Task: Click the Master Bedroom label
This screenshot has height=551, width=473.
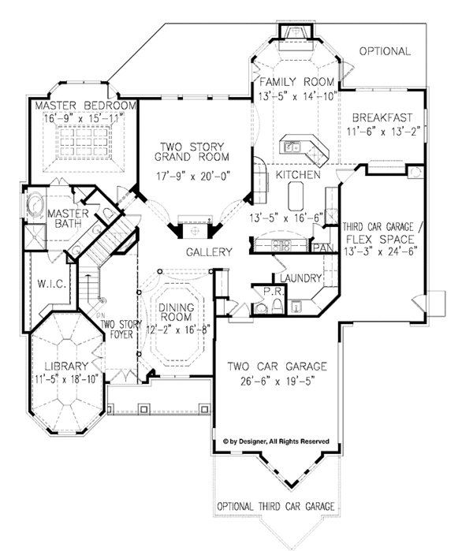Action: click(85, 106)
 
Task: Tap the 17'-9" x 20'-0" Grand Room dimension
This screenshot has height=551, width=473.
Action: click(192, 176)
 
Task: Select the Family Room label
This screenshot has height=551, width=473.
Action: click(297, 82)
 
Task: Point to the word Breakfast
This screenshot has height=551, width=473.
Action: click(382, 117)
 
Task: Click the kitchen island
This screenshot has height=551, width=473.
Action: click(296, 196)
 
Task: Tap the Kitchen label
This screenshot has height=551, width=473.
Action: click(298, 175)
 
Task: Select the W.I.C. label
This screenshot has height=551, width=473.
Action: click(52, 284)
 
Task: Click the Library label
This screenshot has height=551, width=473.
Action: click(66, 367)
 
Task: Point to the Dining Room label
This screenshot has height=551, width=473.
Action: click(176, 312)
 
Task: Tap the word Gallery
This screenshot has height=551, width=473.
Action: click(209, 251)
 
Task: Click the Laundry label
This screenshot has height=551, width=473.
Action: click(301, 278)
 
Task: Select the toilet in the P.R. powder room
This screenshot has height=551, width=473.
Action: click(277, 306)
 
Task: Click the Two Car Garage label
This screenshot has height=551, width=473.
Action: click(277, 367)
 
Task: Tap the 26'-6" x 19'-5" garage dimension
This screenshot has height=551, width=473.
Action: click(277, 382)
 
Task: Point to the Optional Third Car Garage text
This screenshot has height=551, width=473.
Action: click(276, 506)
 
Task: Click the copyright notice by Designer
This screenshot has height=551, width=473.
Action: click(276, 441)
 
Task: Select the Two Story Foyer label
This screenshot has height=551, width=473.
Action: click(121, 329)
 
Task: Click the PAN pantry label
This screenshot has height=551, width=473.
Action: click(323, 248)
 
